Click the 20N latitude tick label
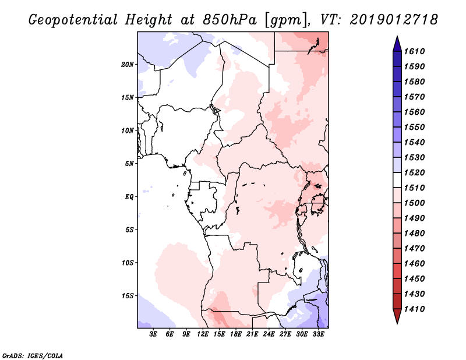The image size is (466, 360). [x=128, y=64]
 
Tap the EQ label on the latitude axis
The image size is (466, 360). [x=129, y=196]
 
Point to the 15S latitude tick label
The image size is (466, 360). [x=128, y=295]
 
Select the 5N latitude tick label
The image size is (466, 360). [x=129, y=163]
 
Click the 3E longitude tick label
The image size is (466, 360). [x=154, y=334]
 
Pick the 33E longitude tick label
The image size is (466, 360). [x=318, y=334]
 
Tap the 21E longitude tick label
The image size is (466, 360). [x=252, y=334]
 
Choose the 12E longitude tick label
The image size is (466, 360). [x=203, y=334]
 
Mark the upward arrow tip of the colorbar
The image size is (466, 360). [x=396, y=38]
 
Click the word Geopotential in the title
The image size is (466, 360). [x=76, y=20]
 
